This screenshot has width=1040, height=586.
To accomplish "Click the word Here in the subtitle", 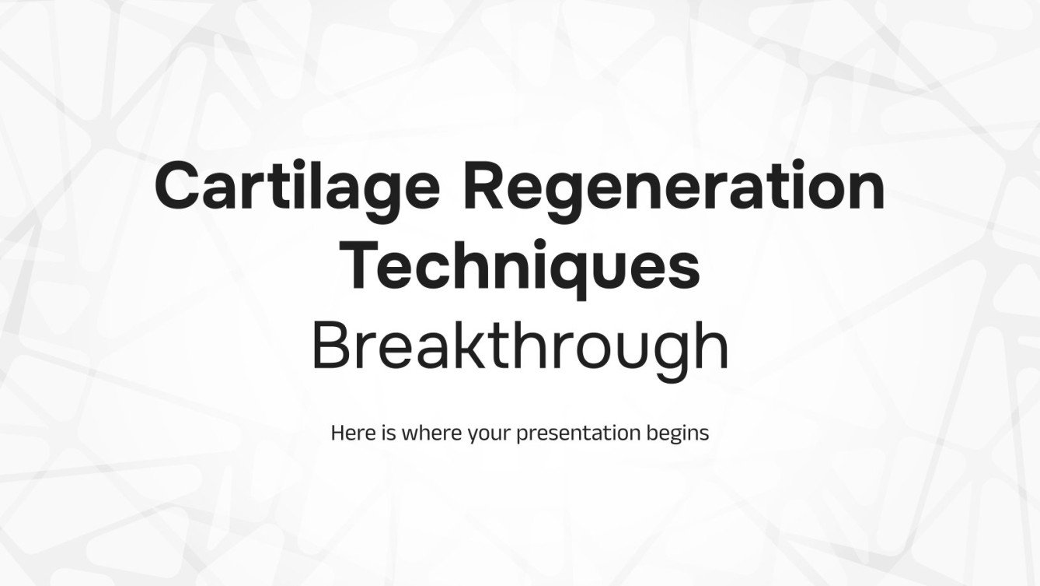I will (349, 433).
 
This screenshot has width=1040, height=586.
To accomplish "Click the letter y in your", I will (473, 437).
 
